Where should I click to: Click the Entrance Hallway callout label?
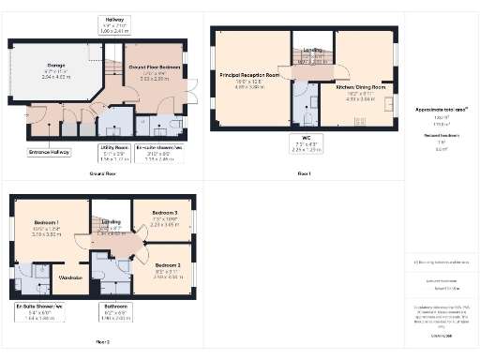[50, 151]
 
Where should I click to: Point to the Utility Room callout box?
[113, 151]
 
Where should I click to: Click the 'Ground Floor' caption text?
[103, 174]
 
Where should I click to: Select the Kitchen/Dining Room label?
[360, 87]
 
